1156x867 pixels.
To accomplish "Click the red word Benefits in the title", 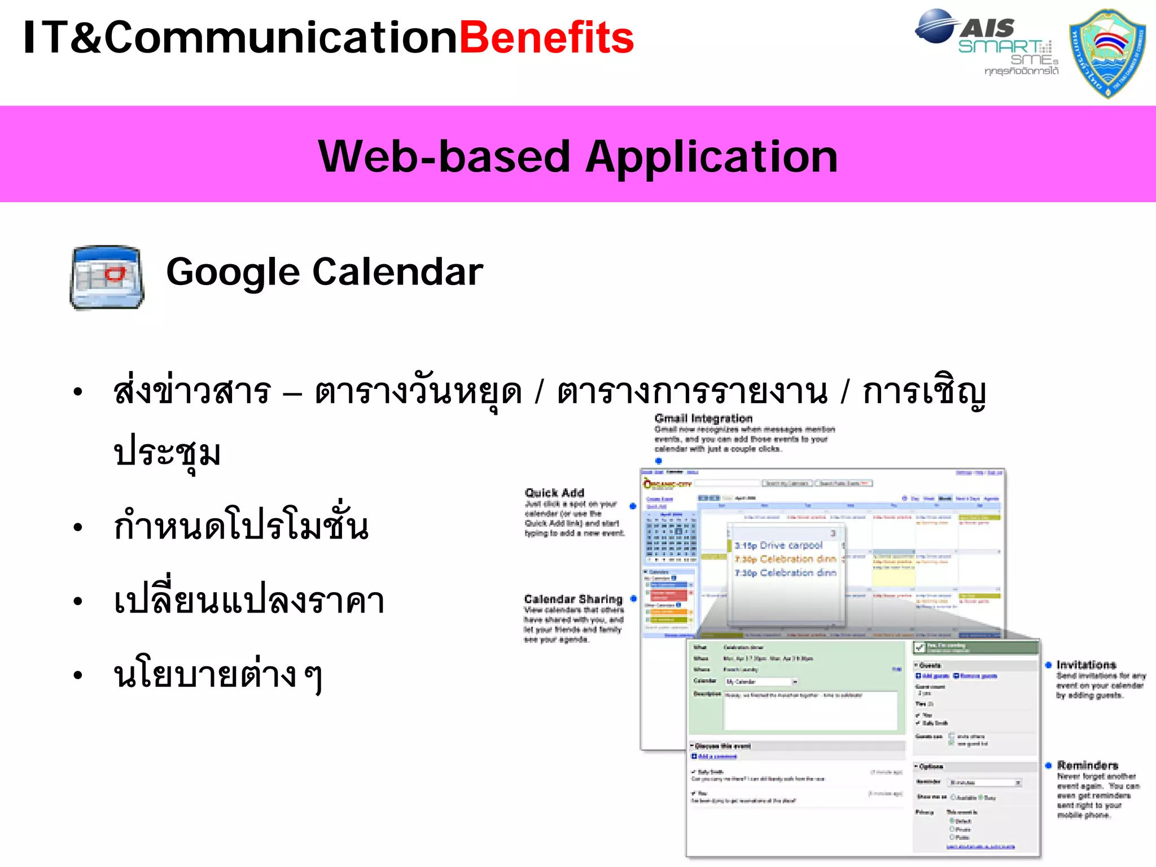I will click(546, 38).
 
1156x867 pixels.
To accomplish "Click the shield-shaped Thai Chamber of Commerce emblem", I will click(1107, 53).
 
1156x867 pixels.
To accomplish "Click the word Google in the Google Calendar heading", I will click(233, 273).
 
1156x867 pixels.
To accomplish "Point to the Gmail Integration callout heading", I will click(703, 418).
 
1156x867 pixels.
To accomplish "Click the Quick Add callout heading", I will click(554, 492).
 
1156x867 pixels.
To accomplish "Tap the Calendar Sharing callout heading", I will click(573, 599).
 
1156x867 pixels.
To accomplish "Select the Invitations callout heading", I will click(1086, 664).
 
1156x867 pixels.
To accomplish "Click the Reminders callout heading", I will click(1087, 765).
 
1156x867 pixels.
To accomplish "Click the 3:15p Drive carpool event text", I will click(778, 545).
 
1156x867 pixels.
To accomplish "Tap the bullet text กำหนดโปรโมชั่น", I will click(241, 526).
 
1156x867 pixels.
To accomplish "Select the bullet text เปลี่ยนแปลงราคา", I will click(249, 601).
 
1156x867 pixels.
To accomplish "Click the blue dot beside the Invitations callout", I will click(1048, 665).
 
